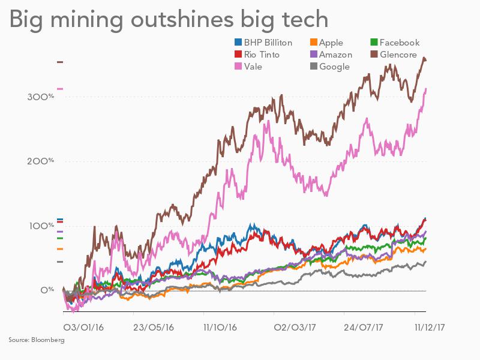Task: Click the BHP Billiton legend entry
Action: pyautogui.click(x=267, y=43)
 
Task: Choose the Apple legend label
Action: pyautogui.click(x=331, y=43)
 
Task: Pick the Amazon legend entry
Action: pyautogui.click(x=336, y=55)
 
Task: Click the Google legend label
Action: pyautogui.click(x=334, y=67)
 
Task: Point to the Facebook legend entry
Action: pyautogui.click(x=399, y=43)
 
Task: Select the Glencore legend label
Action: pyautogui.click(x=399, y=55)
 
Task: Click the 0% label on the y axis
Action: pyautogui.click(x=47, y=290)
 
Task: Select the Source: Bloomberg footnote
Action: pyautogui.click(x=36, y=340)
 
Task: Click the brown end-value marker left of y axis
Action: pyautogui.click(x=59, y=62)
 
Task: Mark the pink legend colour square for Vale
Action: pyautogui.click(x=237, y=67)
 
